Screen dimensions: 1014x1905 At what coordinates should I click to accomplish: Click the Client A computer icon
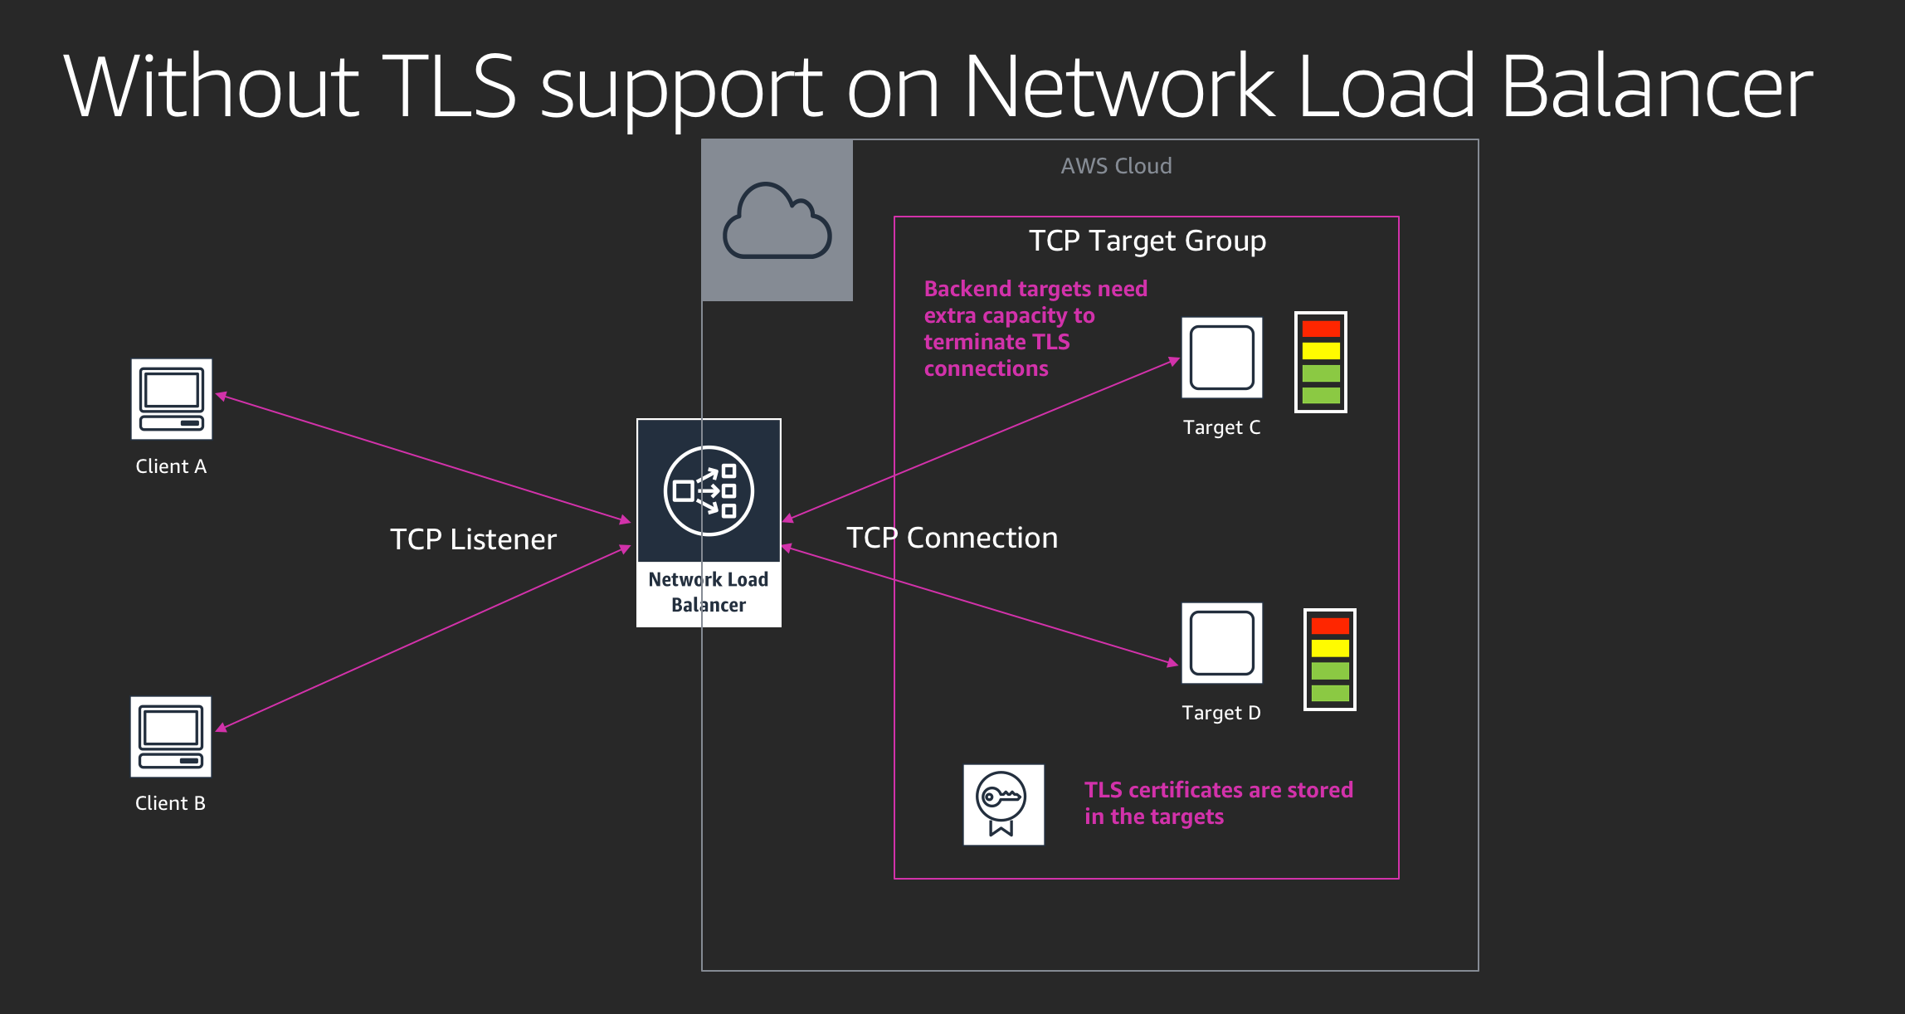click(x=172, y=399)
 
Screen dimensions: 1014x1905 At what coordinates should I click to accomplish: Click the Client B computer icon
click(x=171, y=737)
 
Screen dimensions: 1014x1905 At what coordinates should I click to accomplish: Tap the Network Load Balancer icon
click(x=709, y=491)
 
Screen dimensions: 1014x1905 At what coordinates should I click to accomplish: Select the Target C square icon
click(x=1221, y=358)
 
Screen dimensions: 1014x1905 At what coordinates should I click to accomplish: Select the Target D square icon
click(x=1221, y=643)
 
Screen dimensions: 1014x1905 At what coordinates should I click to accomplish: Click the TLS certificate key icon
click(x=1003, y=805)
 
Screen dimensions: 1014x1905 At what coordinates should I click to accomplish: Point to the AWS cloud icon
click(x=777, y=221)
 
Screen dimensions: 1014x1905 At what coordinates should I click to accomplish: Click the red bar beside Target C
click(x=1321, y=329)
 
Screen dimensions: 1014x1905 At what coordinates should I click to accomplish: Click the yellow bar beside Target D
click(x=1330, y=648)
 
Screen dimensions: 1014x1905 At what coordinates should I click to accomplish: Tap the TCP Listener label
click(x=473, y=539)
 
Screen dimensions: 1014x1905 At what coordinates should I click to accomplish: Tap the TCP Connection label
click(x=952, y=538)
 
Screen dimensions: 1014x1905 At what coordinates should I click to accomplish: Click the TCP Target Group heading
click(x=1147, y=241)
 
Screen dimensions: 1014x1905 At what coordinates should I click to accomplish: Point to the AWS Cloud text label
click(x=1116, y=166)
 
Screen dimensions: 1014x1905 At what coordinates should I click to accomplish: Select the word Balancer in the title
click(x=1656, y=86)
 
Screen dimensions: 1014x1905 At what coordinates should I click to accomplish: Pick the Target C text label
click(x=1221, y=427)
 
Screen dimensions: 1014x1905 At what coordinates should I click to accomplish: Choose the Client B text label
click(x=170, y=803)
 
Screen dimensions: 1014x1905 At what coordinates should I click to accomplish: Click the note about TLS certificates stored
click(x=1218, y=802)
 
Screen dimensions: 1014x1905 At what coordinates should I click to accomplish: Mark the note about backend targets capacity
click(x=1035, y=329)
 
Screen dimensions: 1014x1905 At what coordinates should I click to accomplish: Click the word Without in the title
click(x=211, y=86)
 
